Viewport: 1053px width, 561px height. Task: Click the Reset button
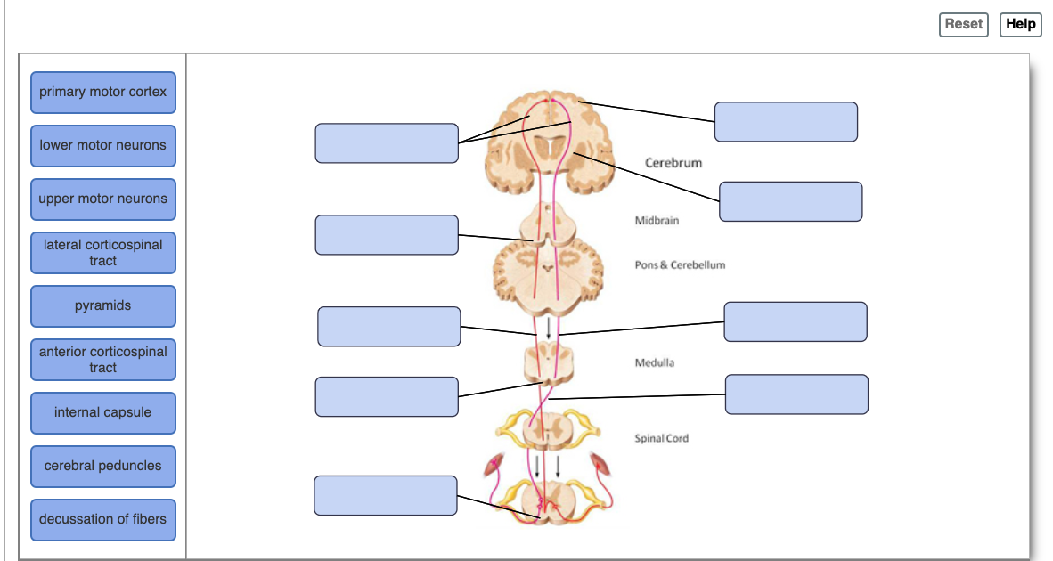(x=963, y=24)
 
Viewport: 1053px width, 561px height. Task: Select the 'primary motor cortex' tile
(x=103, y=93)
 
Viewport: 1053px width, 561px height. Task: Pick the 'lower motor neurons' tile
(x=103, y=146)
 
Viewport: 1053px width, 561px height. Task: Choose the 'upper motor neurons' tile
(x=103, y=199)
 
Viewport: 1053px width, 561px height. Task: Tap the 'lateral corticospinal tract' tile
(x=103, y=253)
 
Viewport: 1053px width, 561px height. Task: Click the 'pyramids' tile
(x=103, y=306)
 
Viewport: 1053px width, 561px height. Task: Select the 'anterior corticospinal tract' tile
(x=103, y=360)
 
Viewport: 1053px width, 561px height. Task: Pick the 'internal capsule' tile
(x=103, y=413)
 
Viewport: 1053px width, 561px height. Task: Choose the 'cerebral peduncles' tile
(x=103, y=467)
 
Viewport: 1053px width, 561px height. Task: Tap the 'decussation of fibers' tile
(x=103, y=520)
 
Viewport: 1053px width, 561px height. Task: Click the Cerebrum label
(x=673, y=163)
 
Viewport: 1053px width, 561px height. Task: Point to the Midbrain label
(x=657, y=221)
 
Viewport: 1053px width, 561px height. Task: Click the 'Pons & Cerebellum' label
(x=680, y=265)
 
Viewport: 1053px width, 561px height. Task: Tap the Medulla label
(x=655, y=363)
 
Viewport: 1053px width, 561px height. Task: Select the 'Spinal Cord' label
(x=661, y=438)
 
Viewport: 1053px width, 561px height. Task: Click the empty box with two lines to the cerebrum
(x=387, y=143)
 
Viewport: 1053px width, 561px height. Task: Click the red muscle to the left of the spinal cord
(x=493, y=465)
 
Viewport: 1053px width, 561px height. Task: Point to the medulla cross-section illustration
(x=548, y=363)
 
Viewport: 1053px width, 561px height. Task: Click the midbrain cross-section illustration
(x=547, y=223)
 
